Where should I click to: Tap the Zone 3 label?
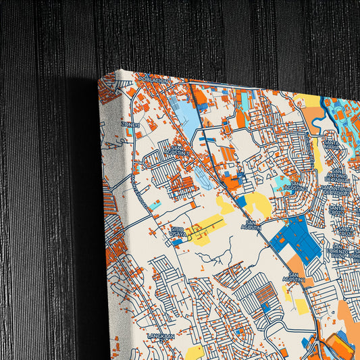[x=130, y=124]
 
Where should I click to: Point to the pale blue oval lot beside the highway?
[x=203, y=178]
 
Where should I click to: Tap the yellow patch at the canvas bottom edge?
[x=195, y=352]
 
